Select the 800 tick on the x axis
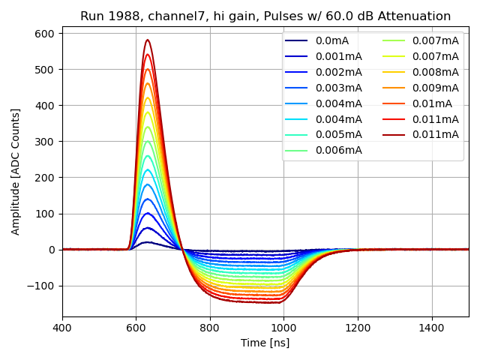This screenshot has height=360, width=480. click(x=210, y=328)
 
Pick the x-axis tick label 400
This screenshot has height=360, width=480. click(x=62, y=328)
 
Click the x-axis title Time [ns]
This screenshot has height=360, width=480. click(x=265, y=343)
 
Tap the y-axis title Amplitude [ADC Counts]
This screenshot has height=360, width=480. click(x=16, y=171)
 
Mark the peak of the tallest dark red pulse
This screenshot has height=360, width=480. click(x=148, y=40)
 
